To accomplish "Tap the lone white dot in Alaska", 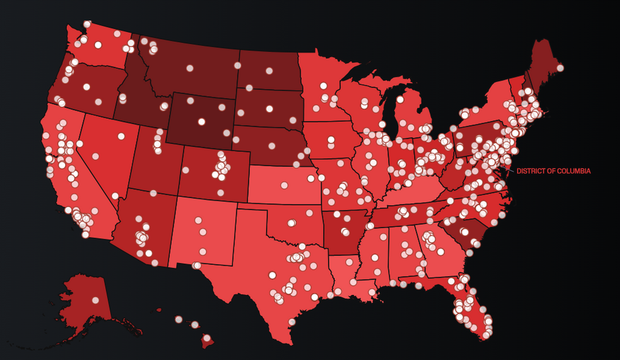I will click(95, 300).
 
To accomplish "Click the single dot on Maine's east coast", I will click(560, 68).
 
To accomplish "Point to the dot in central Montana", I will click(190, 68).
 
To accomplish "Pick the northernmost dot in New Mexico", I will click(198, 220).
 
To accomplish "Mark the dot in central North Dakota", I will click(270, 69).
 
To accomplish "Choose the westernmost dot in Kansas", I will click(285, 185).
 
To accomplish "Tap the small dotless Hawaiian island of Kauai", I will click(159, 310).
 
